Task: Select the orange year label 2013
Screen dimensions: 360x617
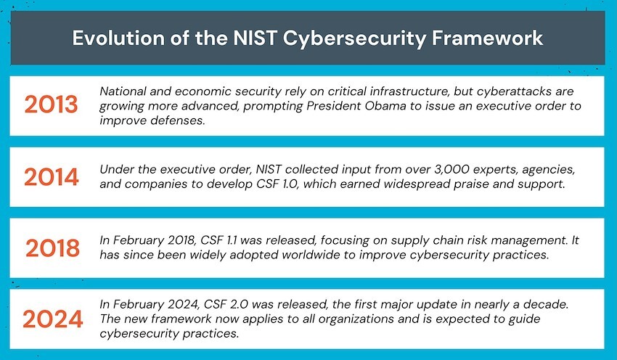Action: [51, 105]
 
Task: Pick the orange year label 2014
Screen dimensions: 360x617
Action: [51, 176]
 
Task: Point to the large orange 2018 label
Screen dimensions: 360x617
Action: [52, 248]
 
